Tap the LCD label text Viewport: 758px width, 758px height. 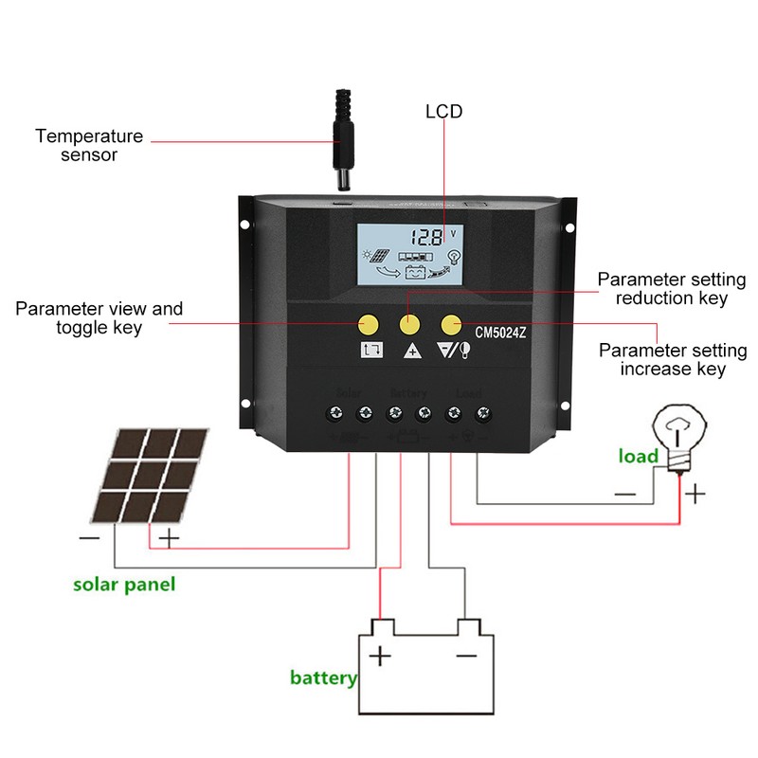tap(443, 112)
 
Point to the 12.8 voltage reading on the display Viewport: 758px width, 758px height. tap(424, 236)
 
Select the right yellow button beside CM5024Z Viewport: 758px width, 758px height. tap(451, 324)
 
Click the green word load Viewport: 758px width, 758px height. tap(638, 457)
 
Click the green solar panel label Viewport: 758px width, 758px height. tap(124, 584)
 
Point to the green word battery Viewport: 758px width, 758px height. tap(323, 677)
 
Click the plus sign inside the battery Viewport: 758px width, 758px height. tap(380, 656)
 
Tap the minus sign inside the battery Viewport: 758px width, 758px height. tap(465, 656)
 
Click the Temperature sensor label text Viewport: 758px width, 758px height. tap(89, 145)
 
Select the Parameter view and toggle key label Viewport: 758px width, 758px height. tap(99, 318)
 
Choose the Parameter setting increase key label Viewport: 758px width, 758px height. tap(672, 359)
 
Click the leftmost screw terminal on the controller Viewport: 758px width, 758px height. tap(334, 413)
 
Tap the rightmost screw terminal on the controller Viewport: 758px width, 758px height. tap(484, 413)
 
